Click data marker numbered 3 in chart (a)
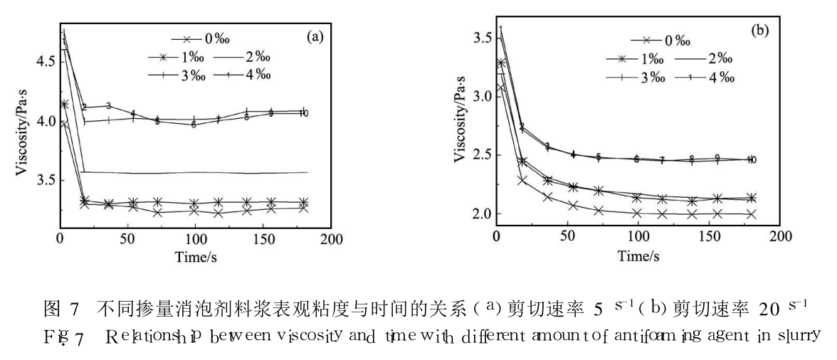[108, 106]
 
